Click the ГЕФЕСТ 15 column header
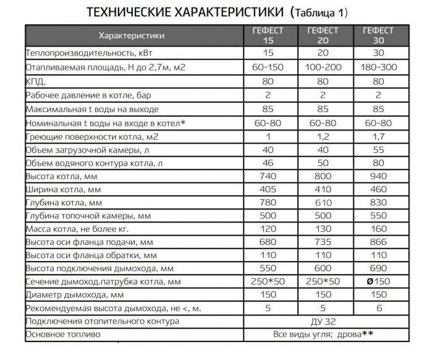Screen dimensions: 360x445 pyautogui.click(x=268, y=35)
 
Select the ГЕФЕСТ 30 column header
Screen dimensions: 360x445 pyautogui.click(x=378, y=35)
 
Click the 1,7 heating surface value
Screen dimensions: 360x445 pyautogui.click(x=378, y=136)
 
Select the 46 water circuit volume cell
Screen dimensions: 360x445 pyautogui.click(x=268, y=163)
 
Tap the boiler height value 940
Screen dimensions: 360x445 pyautogui.click(x=378, y=177)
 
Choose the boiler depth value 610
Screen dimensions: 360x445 pyautogui.click(x=324, y=203)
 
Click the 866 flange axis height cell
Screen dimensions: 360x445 pyautogui.click(x=378, y=242)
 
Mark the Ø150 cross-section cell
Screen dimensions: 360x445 pyautogui.click(x=378, y=282)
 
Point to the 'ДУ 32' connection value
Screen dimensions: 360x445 pyautogui.click(x=324, y=322)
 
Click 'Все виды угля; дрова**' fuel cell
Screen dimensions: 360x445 pyautogui.click(x=324, y=335)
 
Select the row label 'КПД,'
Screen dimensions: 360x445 pyautogui.click(x=36, y=82)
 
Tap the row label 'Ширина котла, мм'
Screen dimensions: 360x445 pyautogui.click(x=62, y=190)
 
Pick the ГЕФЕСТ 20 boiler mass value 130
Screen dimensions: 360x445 pyautogui.click(x=324, y=229)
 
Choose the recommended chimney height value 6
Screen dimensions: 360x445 pyautogui.click(x=378, y=309)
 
